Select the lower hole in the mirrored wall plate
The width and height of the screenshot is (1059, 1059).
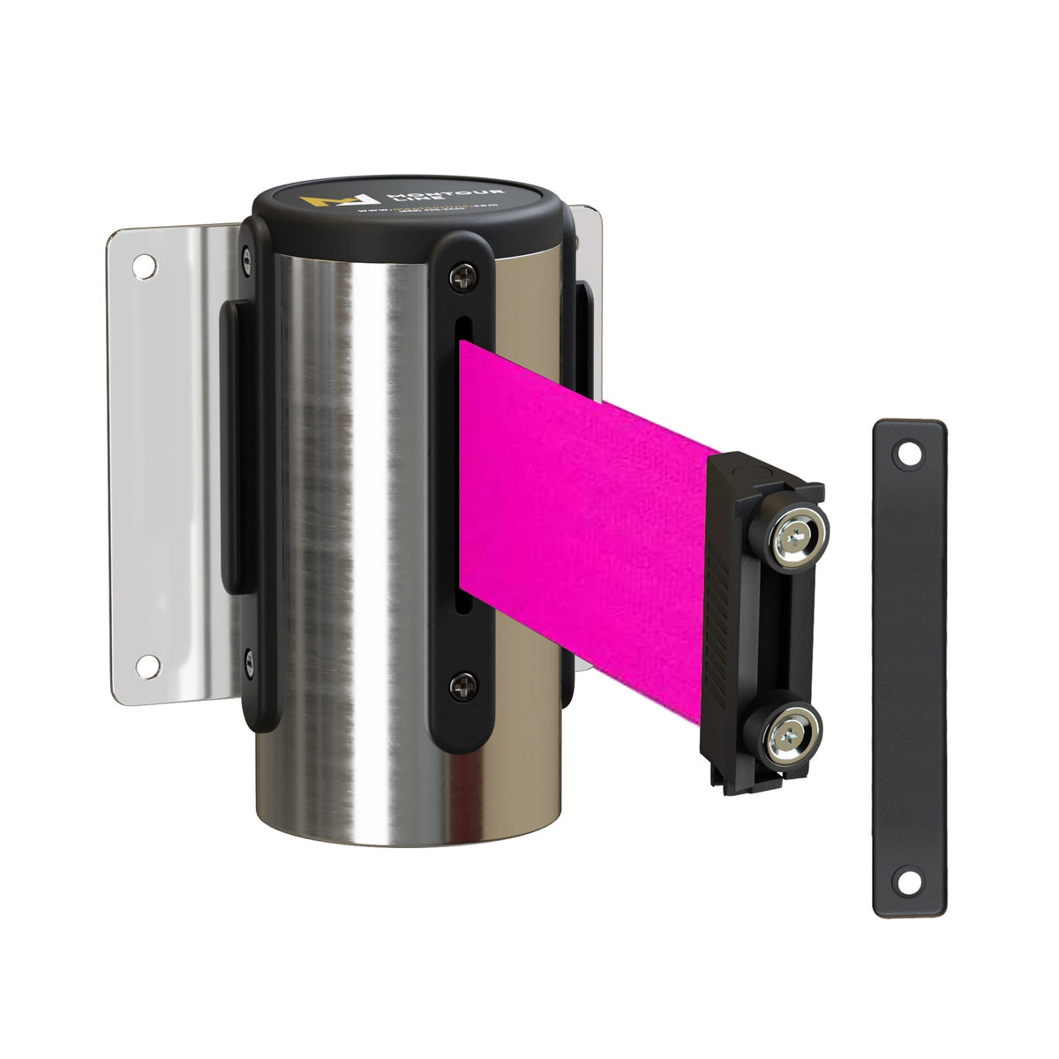pyautogui.click(x=149, y=664)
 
